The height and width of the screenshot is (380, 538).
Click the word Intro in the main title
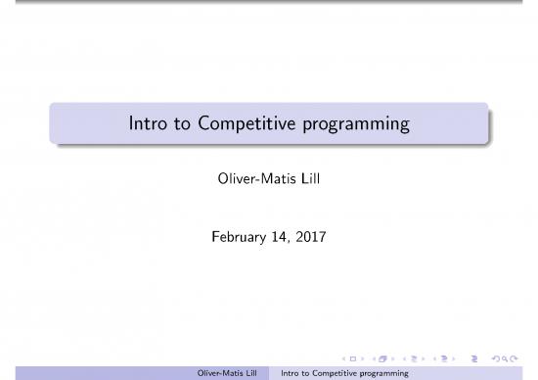[x=147, y=125]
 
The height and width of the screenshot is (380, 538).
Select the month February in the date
[x=242, y=235]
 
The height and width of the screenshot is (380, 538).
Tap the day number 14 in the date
[x=287, y=235]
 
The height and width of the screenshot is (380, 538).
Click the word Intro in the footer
[x=290, y=373]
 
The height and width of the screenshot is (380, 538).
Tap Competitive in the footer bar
[x=336, y=373]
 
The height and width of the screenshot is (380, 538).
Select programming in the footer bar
[x=386, y=373]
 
